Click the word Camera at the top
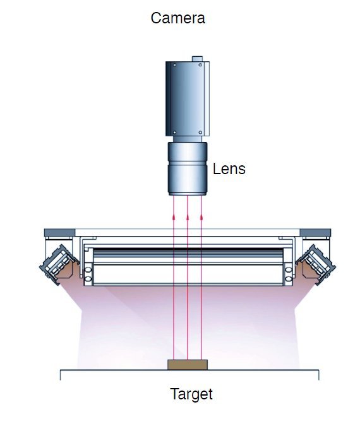pyautogui.click(x=178, y=18)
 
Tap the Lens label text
pyautogui.click(x=229, y=168)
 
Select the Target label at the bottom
pyautogui.click(x=191, y=394)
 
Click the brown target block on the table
pyautogui.click(x=188, y=365)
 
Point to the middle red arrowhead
pyautogui.click(x=188, y=216)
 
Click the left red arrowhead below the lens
pyautogui.click(x=174, y=216)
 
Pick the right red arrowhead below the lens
pyautogui.click(x=201, y=216)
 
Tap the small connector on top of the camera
pyautogui.click(x=197, y=59)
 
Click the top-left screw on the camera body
pyautogui.click(x=174, y=65)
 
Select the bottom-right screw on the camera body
pyautogui.click(x=200, y=132)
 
